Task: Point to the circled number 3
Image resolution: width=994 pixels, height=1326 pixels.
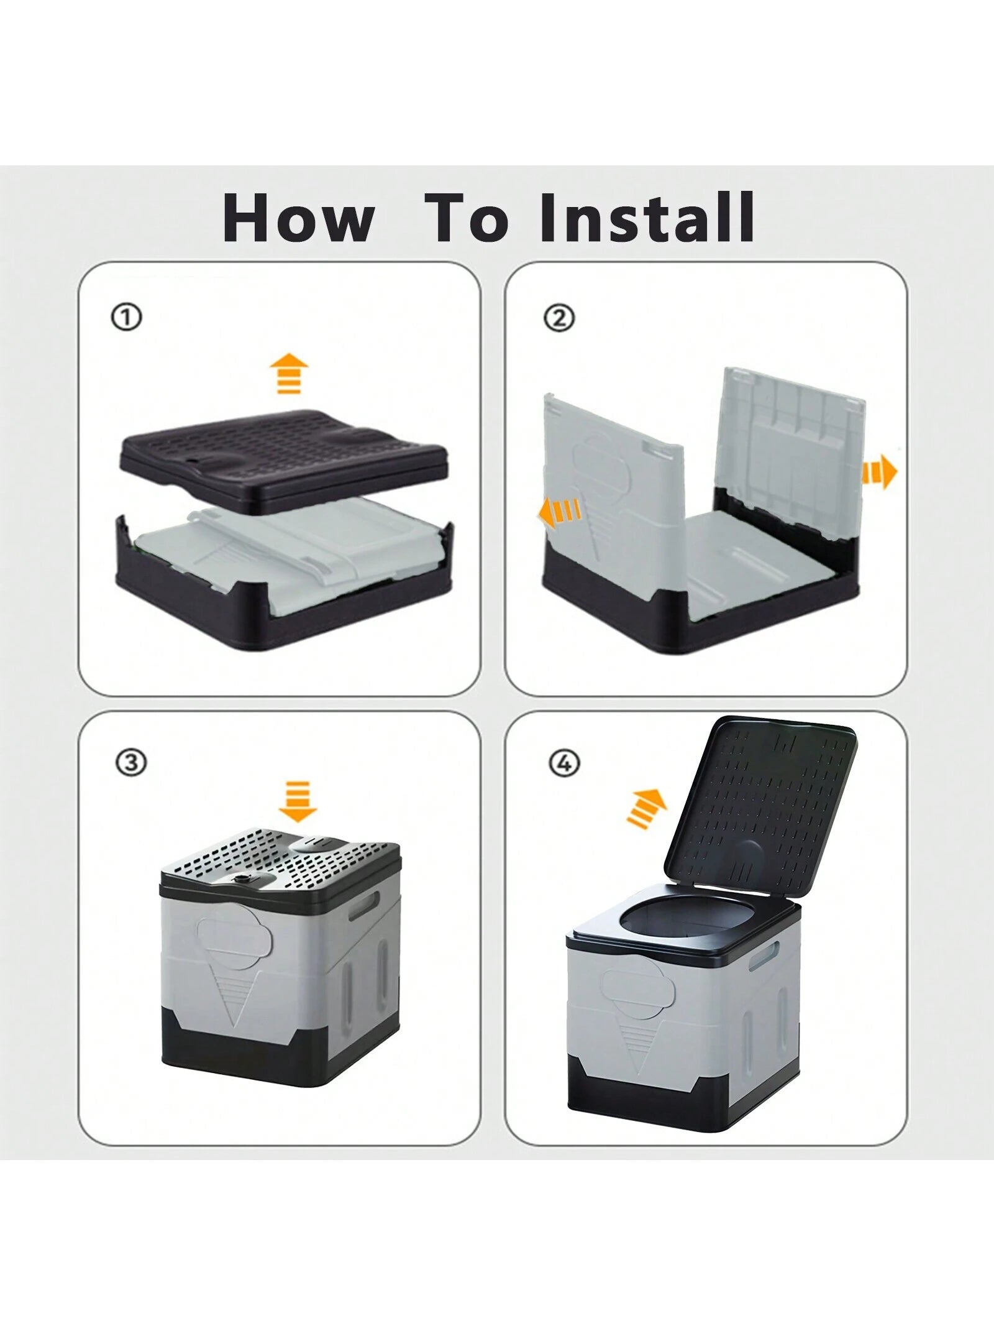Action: pos(130,762)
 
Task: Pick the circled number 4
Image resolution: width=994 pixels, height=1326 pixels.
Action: pos(563,763)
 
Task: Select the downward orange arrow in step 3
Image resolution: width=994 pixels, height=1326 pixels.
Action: pos(298,801)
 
